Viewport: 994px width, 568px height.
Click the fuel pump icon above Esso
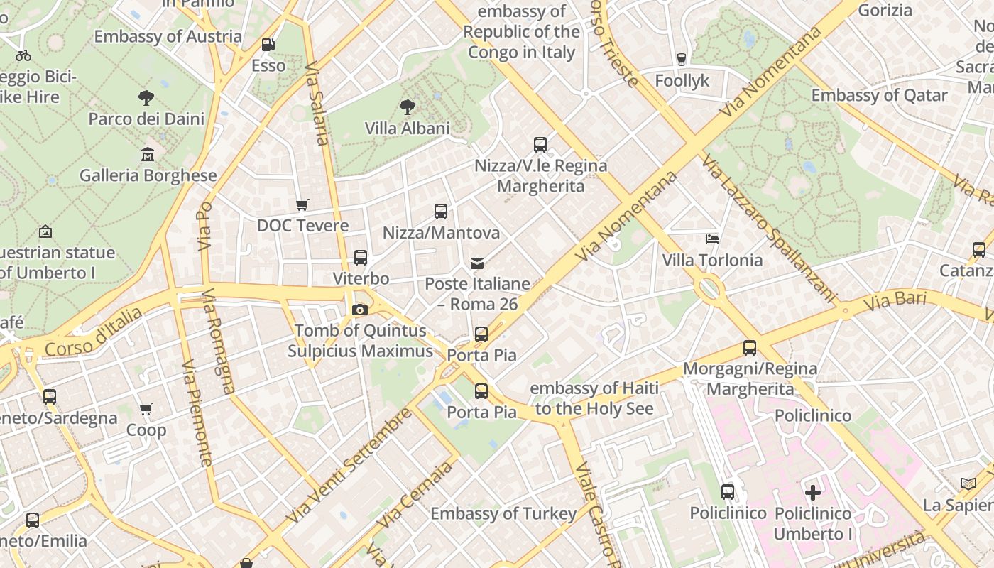click(268, 44)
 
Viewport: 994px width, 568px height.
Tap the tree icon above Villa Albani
click(407, 107)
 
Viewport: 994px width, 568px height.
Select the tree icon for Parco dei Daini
click(146, 97)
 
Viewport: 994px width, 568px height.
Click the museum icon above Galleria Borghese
click(148, 154)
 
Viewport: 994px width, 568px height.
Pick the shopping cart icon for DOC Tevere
click(302, 205)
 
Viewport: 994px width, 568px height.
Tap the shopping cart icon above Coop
click(146, 409)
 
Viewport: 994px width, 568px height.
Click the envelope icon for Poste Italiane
click(477, 263)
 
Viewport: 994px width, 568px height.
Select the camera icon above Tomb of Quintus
click(360, 310)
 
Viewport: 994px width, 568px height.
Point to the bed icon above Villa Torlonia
click(712, 239)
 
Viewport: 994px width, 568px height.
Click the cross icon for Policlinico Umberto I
click(813, 491)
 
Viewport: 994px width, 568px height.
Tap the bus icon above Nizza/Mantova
click(441, 211)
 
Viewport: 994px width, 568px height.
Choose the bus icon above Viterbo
click(361, 257)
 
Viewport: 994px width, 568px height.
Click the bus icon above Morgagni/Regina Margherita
click(750, 348)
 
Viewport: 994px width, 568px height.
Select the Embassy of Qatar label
click(879, 95)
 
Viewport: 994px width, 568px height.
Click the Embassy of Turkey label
click(503, 513)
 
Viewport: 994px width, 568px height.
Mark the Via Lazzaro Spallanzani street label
click(769, 227)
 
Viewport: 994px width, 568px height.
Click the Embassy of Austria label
click(168, 36)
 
